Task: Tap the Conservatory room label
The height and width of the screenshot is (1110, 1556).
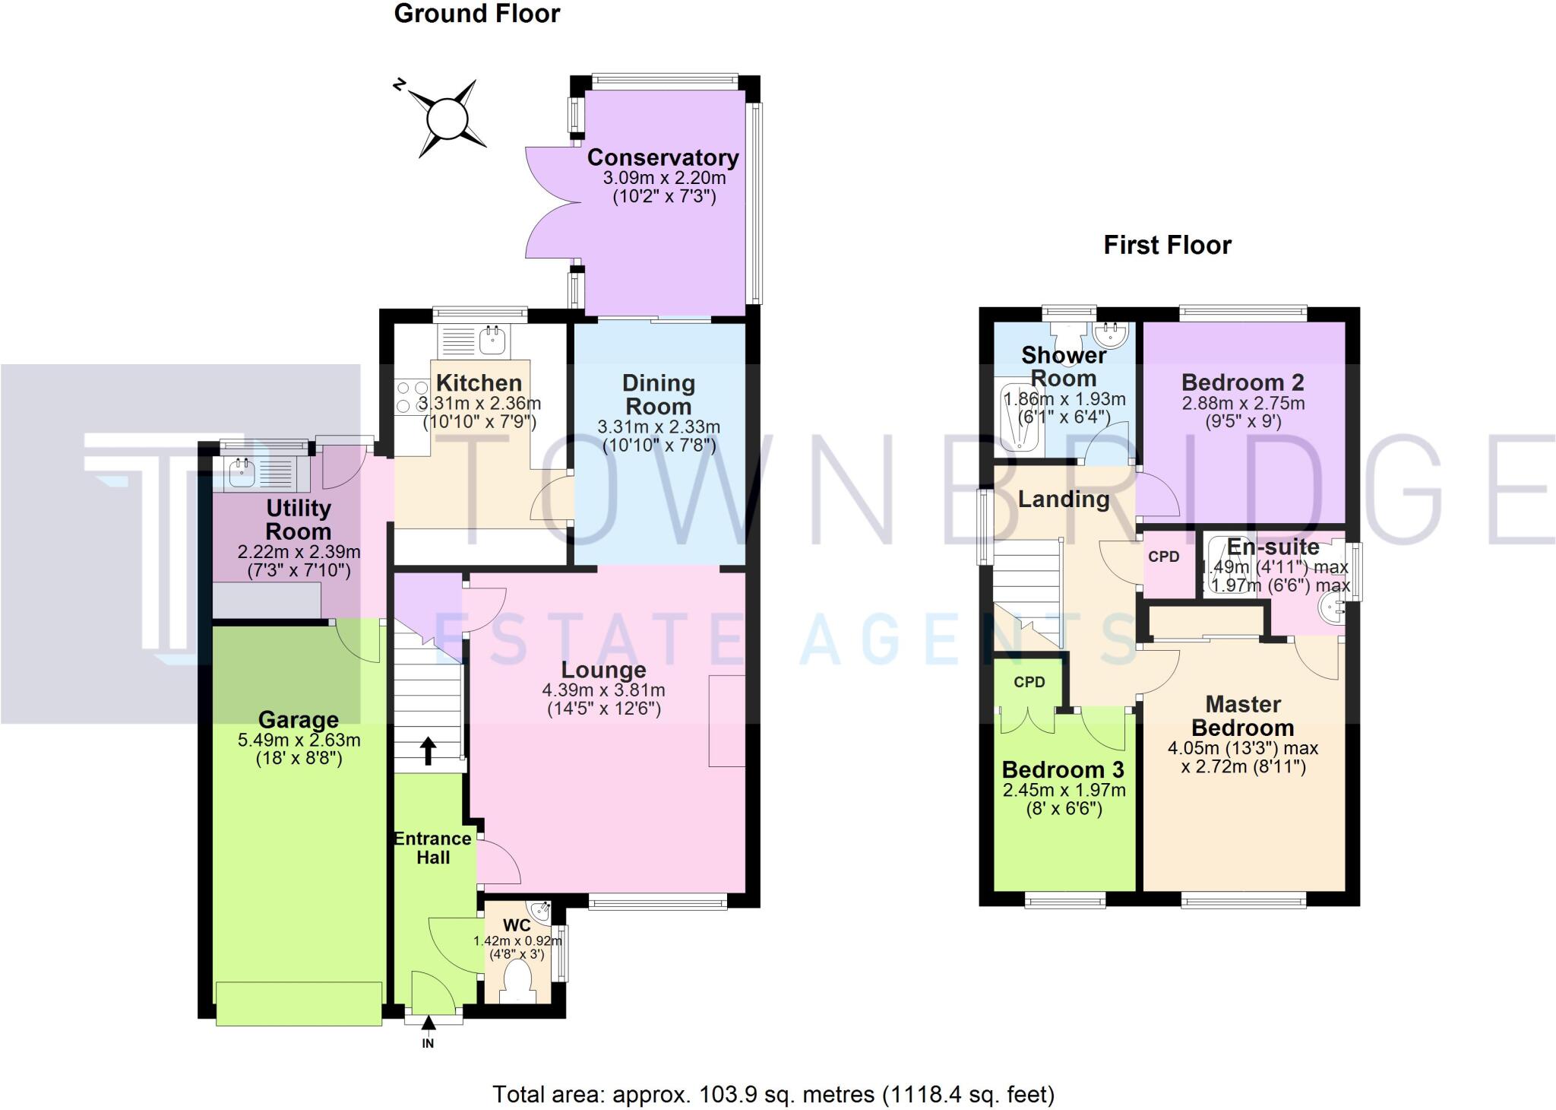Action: pyautogui.click(x=663, y=157)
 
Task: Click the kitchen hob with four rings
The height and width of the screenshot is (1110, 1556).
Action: pyautogui.click(x=412, y=397)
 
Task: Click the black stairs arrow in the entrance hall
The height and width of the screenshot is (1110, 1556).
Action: pyautogui.click(x=428, y=750)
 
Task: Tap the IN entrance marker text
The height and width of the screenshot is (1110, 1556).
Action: pyautogui.click(x=428, y=1044)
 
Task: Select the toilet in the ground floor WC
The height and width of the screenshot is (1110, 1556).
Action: pyautogui.click(x=520, y=978)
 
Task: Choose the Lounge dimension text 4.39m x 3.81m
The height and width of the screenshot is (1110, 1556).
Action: pyautogui.click(x=603, y=690)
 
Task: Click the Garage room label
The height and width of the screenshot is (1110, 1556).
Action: pyautogui.click(x=298, y=719)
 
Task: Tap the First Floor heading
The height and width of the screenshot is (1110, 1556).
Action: pyautogui.click(x=1167, y=245)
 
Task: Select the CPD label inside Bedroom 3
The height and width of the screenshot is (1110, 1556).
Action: pyautogui.click(x=1029, y=682)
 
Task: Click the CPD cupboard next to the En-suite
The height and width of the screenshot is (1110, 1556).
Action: pyautogui.click(x=1164, y=557)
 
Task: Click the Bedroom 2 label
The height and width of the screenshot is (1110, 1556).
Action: pyautogui.click(x=1243, y=382)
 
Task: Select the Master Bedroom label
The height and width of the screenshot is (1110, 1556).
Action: pyautogui.click(x=1243, y=715)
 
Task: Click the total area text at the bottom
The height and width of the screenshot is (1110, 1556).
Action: pyautogui.click(x=773, y=1094)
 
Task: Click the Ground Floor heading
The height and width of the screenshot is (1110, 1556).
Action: pyautogui.click(x=477, y=14)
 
